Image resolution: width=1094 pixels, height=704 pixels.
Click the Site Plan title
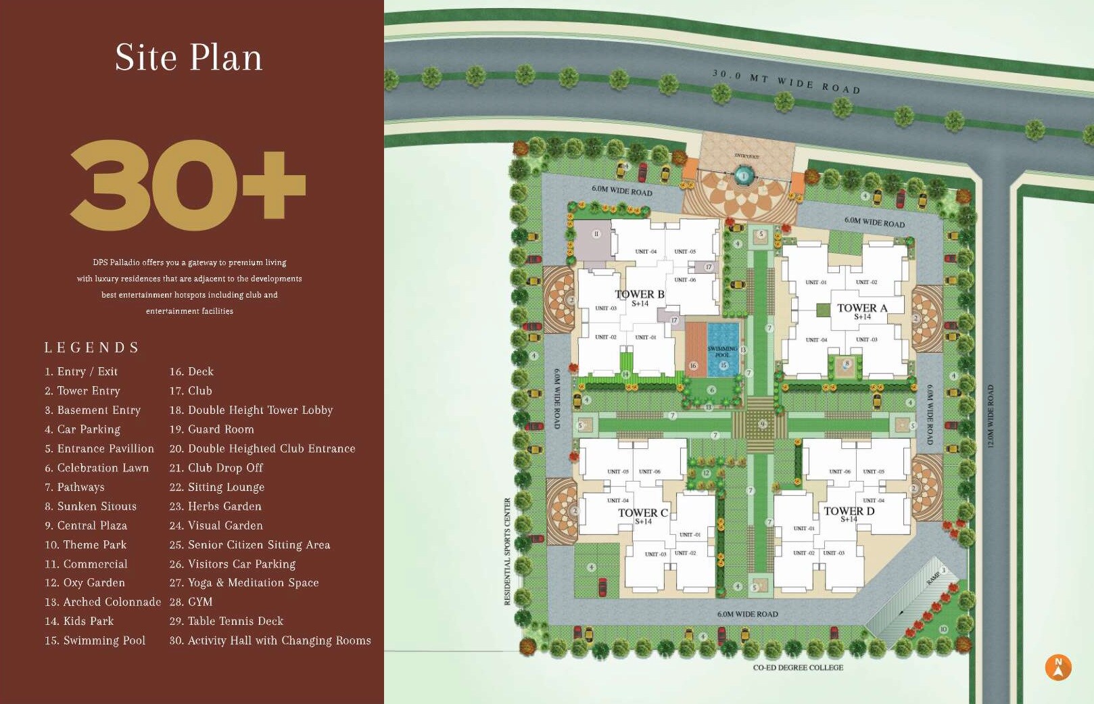[189, 57]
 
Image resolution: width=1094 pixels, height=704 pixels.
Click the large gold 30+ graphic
[188, 185]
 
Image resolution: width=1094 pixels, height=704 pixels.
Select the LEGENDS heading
[92, 348]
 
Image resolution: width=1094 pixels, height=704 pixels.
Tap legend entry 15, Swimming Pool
[95, 640]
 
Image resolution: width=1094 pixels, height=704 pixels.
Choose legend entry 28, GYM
[191, 602]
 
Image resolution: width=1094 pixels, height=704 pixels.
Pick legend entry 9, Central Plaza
[86, 525]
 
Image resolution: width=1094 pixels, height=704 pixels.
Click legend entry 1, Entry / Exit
[81, 372]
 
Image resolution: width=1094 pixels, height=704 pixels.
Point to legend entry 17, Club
[191, 391]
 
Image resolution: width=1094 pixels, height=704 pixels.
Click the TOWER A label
[862, 308]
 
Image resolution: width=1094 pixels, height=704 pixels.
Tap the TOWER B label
[640, 295]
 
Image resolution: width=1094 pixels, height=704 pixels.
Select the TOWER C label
[643, 513]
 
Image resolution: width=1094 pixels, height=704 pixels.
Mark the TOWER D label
[849, 511]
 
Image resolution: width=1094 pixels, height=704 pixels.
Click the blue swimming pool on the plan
[723, 350]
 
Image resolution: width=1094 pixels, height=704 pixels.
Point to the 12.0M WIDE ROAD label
[991, 416]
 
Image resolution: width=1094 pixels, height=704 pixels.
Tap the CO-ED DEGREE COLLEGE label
[798, 667]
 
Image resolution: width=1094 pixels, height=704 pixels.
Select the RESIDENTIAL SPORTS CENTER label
[507, 551]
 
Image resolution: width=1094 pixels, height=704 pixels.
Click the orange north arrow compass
[1058, 667]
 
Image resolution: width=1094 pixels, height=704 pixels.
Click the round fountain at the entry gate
[744, 177]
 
